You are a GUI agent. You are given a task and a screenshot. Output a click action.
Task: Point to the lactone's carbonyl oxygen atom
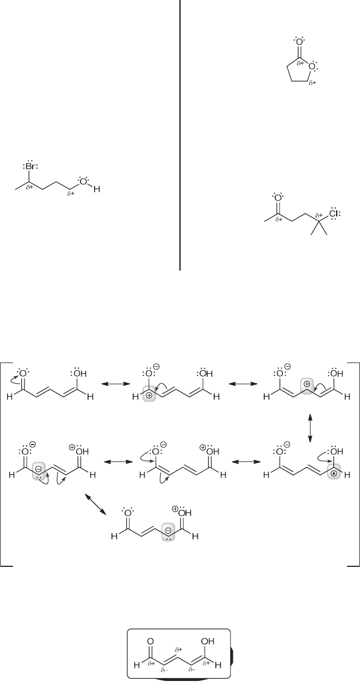tap(298, 41)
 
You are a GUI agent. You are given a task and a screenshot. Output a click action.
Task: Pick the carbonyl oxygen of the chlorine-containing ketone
tap(277, 198)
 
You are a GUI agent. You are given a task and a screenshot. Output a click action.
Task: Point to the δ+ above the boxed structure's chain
tap(177, 649)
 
